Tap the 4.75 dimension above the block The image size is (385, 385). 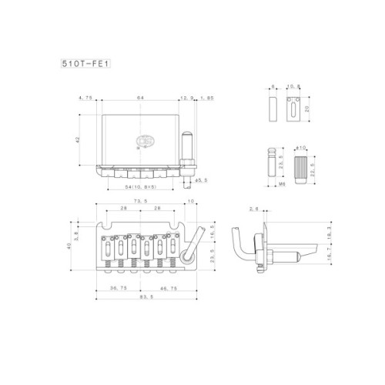click(85, 98)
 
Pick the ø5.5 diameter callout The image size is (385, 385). click(201, 180)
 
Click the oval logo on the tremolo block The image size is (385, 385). click(143, 141)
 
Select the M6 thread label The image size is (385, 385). click(283, 186)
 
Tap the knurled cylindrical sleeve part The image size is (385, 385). click(301, 164)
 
